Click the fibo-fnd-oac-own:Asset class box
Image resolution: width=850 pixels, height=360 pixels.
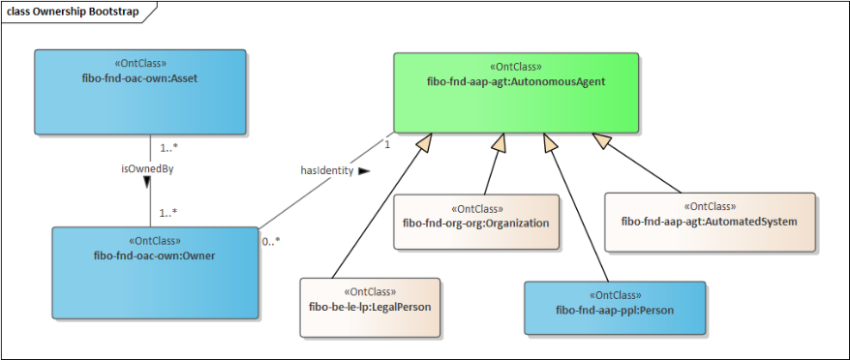[x=139, y=92]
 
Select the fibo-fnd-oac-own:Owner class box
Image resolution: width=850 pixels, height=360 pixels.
[x=155, y=272]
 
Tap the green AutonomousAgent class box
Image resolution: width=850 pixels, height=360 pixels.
[x=516, y=93]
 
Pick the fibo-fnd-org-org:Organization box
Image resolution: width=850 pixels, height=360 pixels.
[x=476, y=222]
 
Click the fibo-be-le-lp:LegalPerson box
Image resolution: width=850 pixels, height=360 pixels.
[x=370, y=308]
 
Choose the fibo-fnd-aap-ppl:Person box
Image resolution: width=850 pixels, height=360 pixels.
[x=615, y=308]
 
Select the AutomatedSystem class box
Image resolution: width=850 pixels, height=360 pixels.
[x=710, y=222]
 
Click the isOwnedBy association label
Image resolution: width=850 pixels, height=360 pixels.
[x=147, y=168]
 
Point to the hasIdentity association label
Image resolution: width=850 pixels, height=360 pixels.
[x=327, y=170]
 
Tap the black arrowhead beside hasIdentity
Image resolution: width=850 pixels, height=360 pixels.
[x=364, y=170]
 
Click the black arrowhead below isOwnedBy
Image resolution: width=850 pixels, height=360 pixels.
[x=147, y=183]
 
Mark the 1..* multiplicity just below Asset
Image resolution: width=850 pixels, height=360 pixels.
[x=169, y=147]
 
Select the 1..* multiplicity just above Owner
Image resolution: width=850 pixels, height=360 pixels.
[x=168, y=214]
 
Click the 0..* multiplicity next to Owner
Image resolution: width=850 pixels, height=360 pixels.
[x=271, y=242]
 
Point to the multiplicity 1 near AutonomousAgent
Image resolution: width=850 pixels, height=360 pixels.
[x=387, y=145]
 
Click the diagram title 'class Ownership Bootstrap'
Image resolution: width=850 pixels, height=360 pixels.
[x=73, y=12]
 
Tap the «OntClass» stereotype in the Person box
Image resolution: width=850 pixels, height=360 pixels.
[x=615, y=295]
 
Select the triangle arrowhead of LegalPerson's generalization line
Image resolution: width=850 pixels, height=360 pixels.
[x=426, y=142]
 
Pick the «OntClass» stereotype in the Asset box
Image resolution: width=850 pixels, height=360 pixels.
[x=139, y=63]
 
